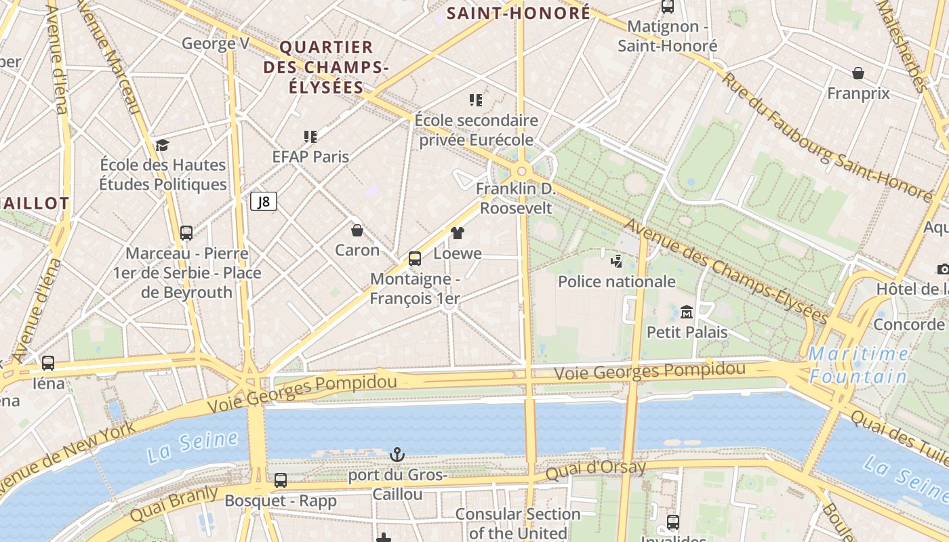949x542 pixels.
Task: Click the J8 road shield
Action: click(264, 201)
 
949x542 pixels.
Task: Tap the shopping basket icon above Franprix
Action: click(858, 73)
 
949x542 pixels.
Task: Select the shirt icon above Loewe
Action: click(458, 233)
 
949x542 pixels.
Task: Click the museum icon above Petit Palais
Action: click(687, 312)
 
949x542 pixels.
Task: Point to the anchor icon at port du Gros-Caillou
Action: click(397, 454)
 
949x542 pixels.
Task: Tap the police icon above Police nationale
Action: click(616, 261)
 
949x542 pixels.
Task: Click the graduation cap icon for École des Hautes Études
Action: click(162, 145)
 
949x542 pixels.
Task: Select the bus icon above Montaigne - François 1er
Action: click(415, 258)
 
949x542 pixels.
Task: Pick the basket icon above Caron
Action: click(357, 230)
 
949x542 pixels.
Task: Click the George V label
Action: click(216, 44)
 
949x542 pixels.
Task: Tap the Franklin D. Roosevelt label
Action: click(516, 199)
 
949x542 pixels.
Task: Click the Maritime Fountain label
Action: click(860, 365)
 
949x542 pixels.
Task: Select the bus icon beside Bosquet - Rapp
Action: click(281, 480)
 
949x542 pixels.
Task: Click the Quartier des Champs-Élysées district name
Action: click(326, 66)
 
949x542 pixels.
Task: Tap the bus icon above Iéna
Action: click(48, 363)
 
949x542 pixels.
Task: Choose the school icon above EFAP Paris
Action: click(310, 137)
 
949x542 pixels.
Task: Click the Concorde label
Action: click(908, 324)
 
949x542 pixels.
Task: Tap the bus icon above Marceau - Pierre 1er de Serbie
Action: click(186, 233)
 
